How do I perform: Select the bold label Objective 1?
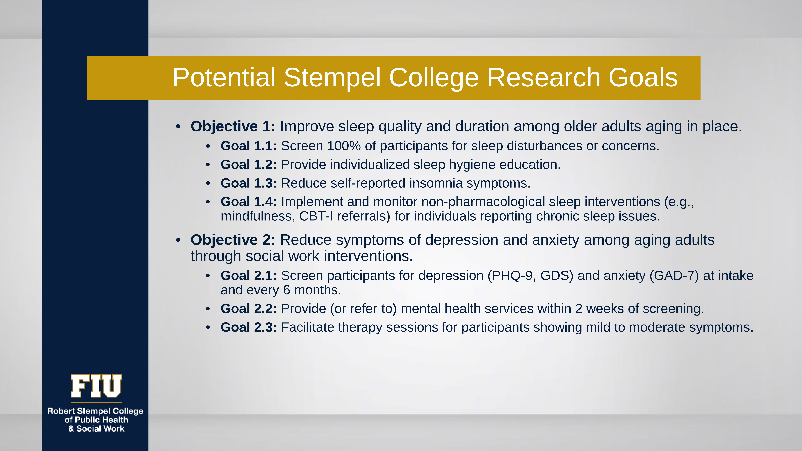(233, 126)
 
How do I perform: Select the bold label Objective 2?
(233, 240)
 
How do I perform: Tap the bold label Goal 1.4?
(248, 202)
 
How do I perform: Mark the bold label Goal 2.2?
(248, 309)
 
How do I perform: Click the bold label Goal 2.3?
(248, 327)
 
